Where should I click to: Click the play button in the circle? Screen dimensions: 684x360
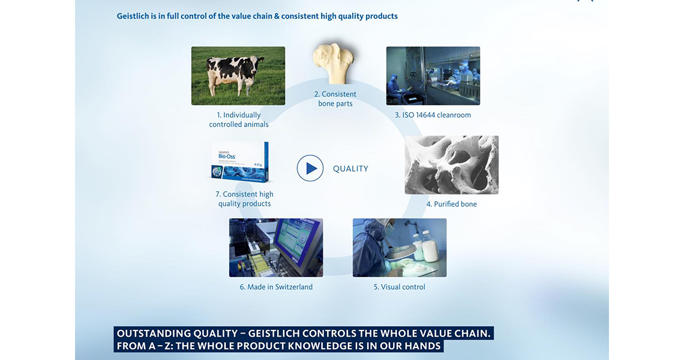310,168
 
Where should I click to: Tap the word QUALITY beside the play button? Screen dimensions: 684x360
351,169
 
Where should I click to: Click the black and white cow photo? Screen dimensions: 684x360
238,76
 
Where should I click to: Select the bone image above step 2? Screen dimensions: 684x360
333,63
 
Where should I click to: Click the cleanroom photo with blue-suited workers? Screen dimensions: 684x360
433,76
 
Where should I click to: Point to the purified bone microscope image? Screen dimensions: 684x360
451,165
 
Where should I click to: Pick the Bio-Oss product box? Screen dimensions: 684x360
240,162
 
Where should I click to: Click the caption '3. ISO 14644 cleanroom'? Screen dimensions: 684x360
433,115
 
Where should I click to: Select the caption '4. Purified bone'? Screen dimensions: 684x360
451,204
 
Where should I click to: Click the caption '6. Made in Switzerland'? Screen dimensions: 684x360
276,287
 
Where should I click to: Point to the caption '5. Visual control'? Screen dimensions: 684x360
399,287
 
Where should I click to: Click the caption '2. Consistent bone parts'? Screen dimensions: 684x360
335,99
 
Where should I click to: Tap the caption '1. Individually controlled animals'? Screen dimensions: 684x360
239,120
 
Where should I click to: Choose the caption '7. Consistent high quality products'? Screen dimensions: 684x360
244,199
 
